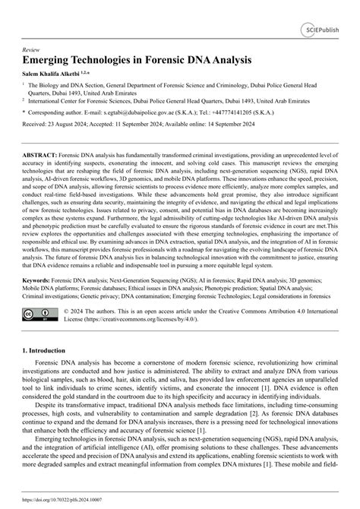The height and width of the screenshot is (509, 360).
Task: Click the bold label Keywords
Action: [39, 280]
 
